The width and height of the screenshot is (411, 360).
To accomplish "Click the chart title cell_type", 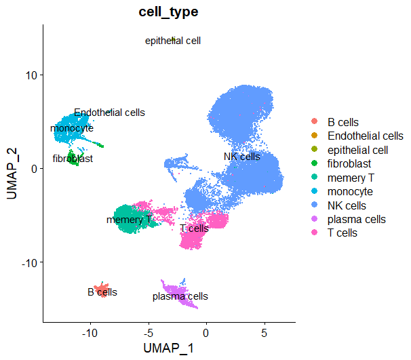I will (168, 13).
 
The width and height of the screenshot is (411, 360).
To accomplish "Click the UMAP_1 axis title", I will (169, 348).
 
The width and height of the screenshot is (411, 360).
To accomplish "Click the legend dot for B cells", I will (313, 122).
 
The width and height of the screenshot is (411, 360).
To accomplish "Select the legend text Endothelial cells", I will (366, 136).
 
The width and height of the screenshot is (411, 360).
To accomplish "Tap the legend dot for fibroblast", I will (313, 164).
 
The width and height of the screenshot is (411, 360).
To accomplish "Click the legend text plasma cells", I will (357, 220).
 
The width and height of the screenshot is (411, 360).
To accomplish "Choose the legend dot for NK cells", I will (313, 205).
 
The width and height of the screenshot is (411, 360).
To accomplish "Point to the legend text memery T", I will (351, 178).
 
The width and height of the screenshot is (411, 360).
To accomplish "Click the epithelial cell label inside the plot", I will (173, 41).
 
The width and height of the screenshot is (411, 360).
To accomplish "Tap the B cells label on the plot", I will (102, 292).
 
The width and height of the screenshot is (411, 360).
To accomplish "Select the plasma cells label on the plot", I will (180, 296).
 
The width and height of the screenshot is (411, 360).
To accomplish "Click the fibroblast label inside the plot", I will (73, 159).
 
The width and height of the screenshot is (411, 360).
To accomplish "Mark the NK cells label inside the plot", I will (242, 157).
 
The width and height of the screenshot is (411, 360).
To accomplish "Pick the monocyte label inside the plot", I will (72, 128).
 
